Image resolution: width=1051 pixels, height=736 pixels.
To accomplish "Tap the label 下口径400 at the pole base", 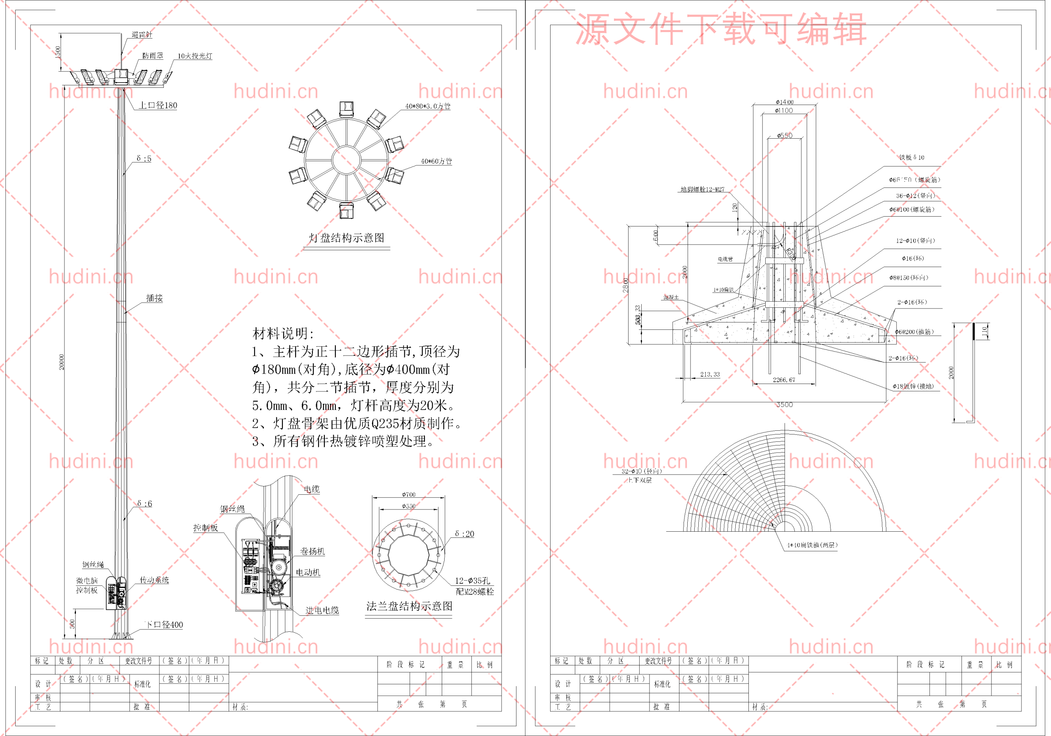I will (x=163, y=625).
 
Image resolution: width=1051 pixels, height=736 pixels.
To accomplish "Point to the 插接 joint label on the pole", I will (x=154, y=298).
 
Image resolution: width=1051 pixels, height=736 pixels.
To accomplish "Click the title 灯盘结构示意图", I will (x=347, y=238).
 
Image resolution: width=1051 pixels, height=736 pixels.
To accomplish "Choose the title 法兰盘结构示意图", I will (x=409, y=606).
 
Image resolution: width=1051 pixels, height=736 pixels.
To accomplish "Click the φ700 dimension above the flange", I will (x=409, y=494).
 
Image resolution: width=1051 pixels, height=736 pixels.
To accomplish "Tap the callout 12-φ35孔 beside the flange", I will (x=472, y=581).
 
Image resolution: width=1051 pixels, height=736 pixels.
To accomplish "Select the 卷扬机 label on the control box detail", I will (x=312, y=552).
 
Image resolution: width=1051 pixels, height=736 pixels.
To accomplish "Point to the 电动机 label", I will (x=307, y=573).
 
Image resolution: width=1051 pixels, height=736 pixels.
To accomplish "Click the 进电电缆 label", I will (x=322, y=610).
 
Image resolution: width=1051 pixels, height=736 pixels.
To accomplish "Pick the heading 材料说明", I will (x=283, y=334).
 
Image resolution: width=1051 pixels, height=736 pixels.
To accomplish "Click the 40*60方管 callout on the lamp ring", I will (x=436, y=162).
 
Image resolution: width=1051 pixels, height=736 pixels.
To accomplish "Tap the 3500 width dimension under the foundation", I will (x=784, y=405).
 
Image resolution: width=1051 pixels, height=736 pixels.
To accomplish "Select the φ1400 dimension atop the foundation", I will (x=784, y=102).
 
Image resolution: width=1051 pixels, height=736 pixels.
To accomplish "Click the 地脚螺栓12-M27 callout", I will (x=702, y=190).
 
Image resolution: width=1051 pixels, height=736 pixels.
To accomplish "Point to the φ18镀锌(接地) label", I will (x=913, y=386).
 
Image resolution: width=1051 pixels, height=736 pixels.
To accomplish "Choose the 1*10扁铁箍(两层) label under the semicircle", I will (x=812, y=545).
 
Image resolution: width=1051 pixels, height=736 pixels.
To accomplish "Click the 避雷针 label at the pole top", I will (x=142, y=35).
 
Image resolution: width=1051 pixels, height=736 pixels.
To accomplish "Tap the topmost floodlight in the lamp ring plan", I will (x=347, y=109).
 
